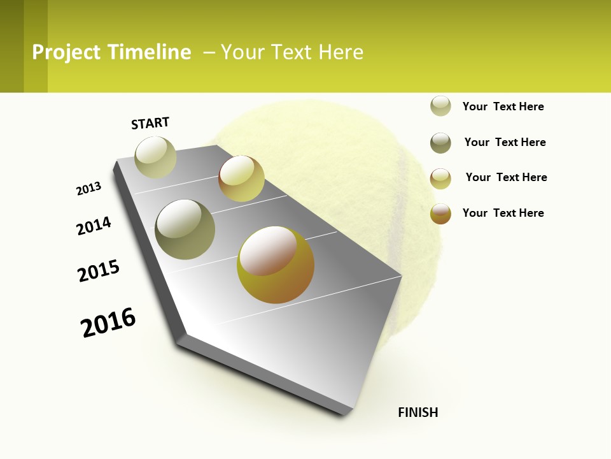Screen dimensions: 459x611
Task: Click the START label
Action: (x=150, y=123)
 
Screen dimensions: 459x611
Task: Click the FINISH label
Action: (x=418, y=412)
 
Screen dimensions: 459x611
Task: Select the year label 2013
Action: (x=88, y=189)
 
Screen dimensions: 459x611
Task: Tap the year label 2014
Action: (x=94, y=226)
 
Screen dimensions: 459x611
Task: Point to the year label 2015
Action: (x=99, y=271)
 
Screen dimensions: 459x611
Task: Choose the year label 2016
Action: (x=108, y=323)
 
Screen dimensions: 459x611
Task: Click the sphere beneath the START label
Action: (x=155, y=157)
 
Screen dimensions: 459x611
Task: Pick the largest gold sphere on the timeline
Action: (x=276, y=265)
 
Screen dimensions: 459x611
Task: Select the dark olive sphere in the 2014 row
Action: (x=185, y=229)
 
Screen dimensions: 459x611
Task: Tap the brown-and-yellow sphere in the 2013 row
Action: (x=241, y=178)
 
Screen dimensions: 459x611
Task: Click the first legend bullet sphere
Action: (x=440, y=106)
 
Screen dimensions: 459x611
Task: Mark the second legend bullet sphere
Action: (x=440, y=143)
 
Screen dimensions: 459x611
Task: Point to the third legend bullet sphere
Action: (x=440, y=178)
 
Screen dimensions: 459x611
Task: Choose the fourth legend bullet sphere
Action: (x=440, y=214)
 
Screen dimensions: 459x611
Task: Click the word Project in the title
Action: (x=66, y=52)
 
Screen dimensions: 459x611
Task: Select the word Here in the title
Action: (x=341, y=52)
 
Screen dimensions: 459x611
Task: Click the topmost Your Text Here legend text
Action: (x=503, y=106)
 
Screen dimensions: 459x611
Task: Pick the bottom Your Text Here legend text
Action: (x=503, y=213)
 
